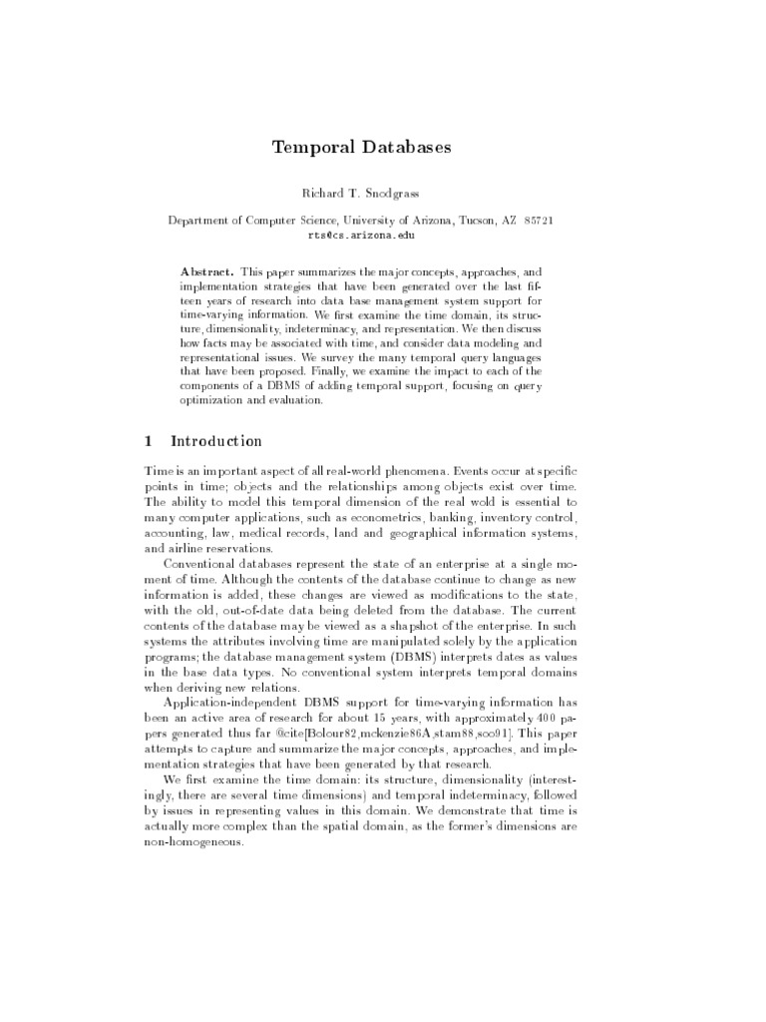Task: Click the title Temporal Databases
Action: pyautogui.click(x=362, y=148)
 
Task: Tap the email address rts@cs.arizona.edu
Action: pyautogui.click(x=362, y=236)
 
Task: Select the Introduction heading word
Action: pyautogui.click(x=216, y=441)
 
